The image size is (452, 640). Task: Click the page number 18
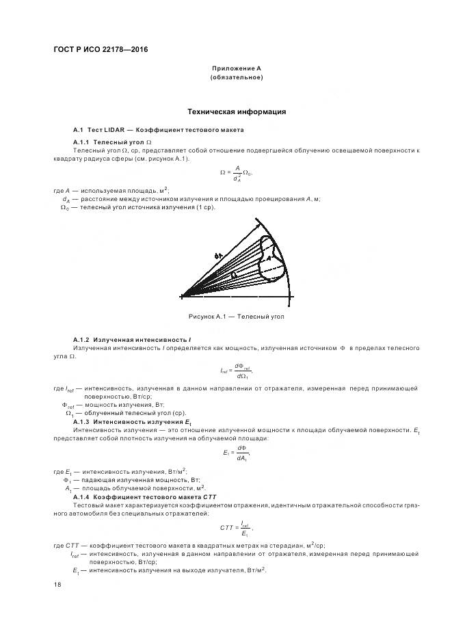(57, 585)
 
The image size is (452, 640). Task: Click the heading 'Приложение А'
(237, 68)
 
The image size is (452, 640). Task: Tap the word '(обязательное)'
(237, 77)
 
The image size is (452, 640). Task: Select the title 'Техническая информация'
(237, 111)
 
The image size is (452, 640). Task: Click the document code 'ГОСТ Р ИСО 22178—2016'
(101, 50)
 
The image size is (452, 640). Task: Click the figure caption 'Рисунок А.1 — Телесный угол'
(236, 317)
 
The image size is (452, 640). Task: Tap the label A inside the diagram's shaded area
(269, 258)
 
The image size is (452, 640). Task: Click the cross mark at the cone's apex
(183, 297)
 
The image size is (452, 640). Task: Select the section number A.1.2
(82, 340)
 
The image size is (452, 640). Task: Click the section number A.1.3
(82, 423)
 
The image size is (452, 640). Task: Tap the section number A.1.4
(82, 496)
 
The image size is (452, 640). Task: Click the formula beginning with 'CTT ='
(237, 528)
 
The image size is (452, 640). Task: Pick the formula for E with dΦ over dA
(237, 453)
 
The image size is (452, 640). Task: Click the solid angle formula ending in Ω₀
(236, 174)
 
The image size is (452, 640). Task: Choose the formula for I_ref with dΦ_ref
(237, 371)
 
